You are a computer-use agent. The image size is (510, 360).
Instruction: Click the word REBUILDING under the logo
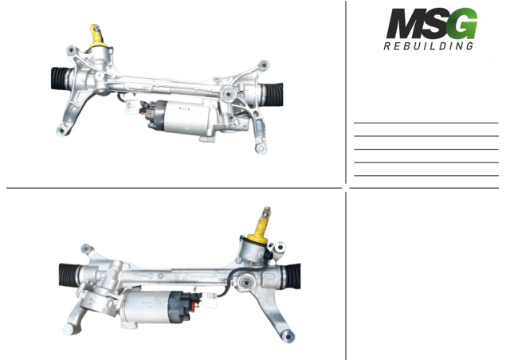tap(429, 46)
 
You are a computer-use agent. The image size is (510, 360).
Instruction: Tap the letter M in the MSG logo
tap(403, 23)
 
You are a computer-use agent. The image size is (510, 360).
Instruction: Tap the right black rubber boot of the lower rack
tap(293, 276)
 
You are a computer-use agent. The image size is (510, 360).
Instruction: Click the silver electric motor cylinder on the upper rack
tap(185, 117)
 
